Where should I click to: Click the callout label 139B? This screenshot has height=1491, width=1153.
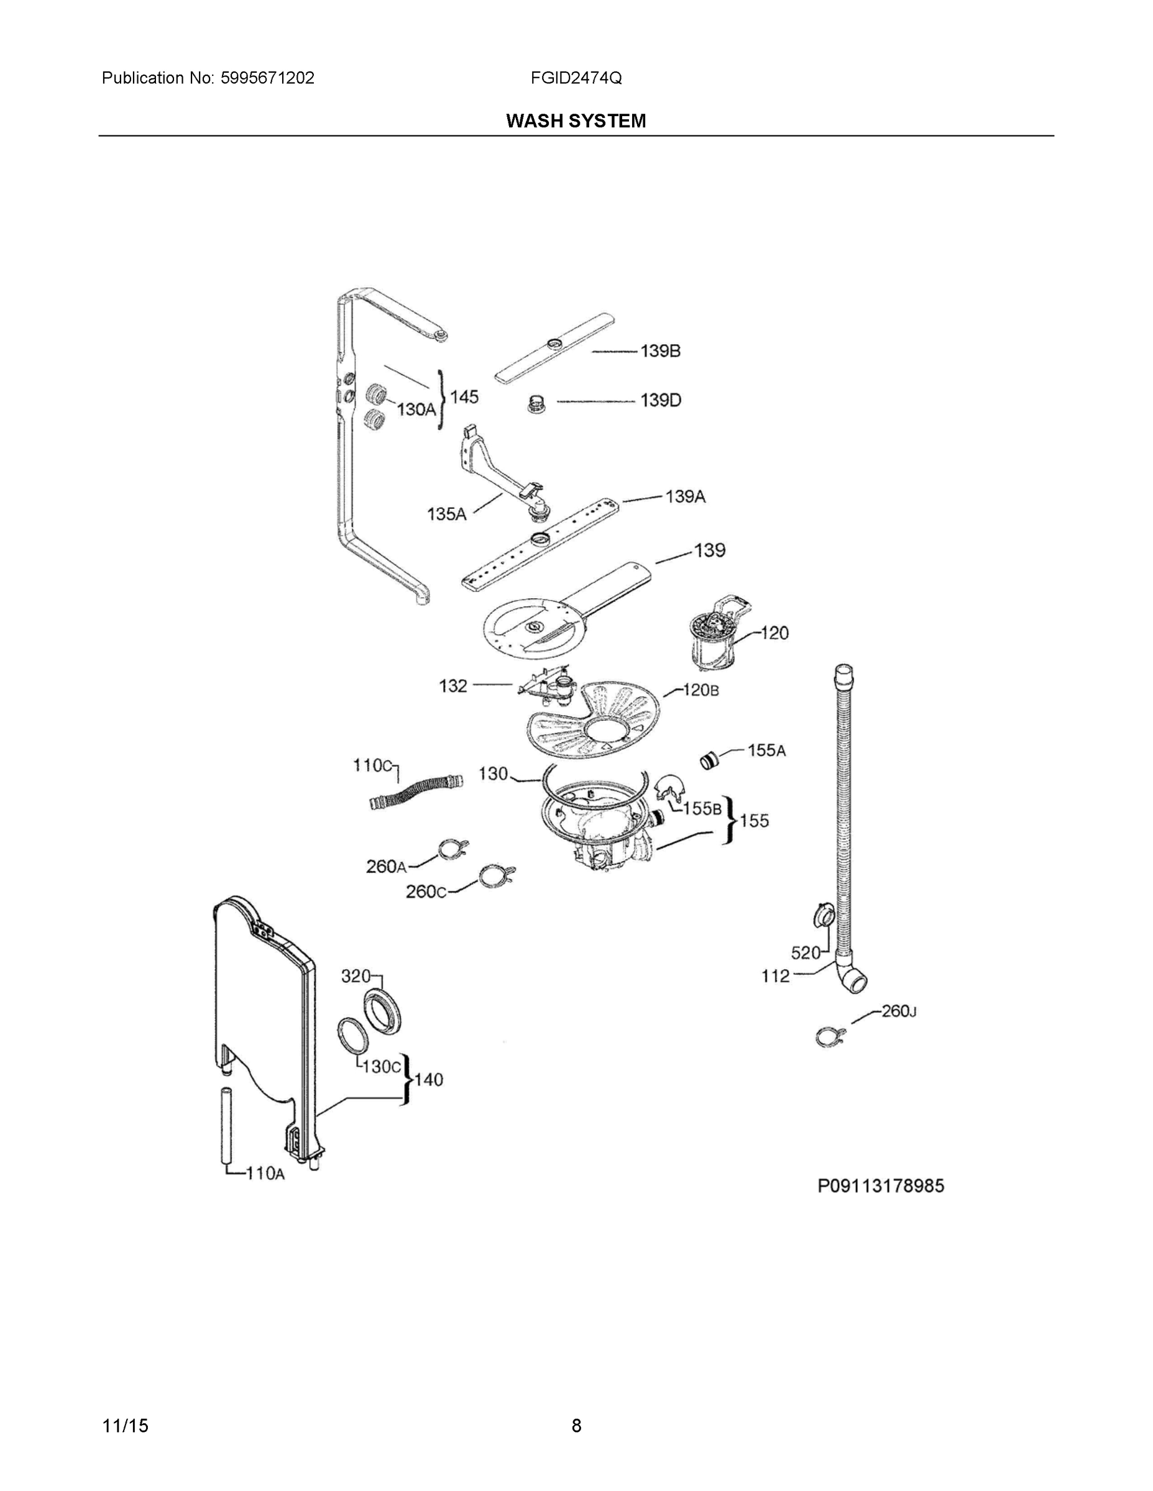pyautogui.click(x=660, y=351)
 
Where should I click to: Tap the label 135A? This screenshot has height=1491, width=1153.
pyautogui.click(x=447, y=514)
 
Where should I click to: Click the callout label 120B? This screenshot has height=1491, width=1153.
pyautogui.click(x=701, y=690)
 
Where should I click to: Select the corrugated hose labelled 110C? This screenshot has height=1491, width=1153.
pyautogui.click(x=415, y=791)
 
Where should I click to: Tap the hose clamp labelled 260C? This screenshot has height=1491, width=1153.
pyautogui.click(x=496, y=876)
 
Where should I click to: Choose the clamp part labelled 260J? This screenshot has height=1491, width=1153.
pyautogui.click(x=830, y=1037)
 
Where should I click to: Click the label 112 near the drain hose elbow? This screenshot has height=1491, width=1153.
pyautogui.click(x=775, y=976)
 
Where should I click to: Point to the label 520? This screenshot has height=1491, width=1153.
pyautogui.click(x=806, y=952)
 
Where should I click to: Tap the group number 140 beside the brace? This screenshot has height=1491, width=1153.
pyautogui.click(x=428, y=1079)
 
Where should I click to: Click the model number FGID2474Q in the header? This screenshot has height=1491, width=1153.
pyautogui.click(x=576, y=78)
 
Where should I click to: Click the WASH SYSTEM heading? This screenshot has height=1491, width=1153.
pyautogui.click(x=576, y=121)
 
